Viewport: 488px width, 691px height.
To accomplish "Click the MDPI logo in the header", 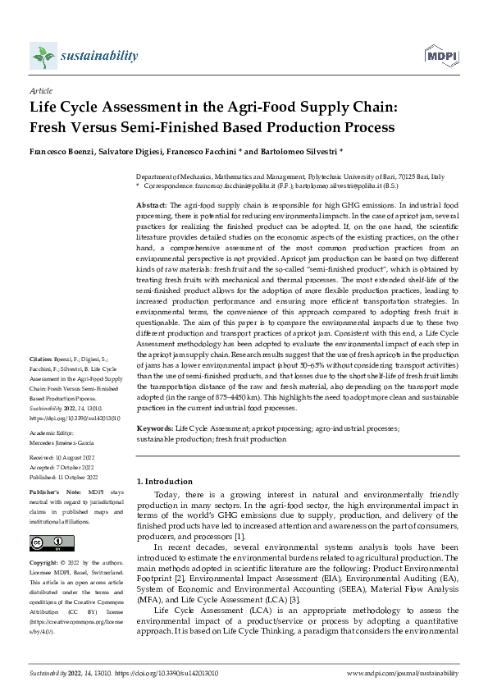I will [439, 55].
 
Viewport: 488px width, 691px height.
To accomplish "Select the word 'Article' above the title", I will [40, 90].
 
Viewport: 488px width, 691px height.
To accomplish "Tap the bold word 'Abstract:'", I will [151, 204].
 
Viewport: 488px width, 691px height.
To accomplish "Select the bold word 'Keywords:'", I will [154, 429].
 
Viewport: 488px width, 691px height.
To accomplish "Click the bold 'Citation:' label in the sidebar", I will [41, 359].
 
